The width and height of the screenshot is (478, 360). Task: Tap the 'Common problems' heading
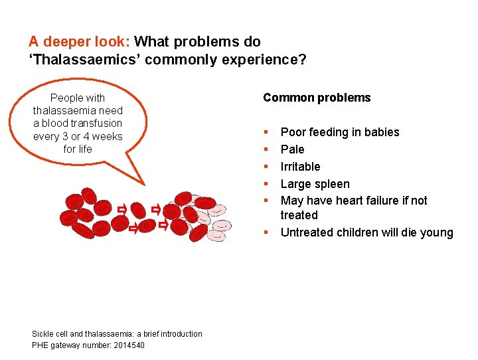pos(317,98)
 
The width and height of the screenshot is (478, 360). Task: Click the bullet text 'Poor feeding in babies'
pos(340,132)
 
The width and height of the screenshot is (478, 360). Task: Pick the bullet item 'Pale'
pos(292,149)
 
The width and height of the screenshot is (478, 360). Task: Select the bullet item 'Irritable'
pos(300,167)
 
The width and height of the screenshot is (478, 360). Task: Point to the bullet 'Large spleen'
pos(315,184)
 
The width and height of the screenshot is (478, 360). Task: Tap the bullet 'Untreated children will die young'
pos(366,232)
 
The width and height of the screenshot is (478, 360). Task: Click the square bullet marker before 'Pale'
pos(266,149)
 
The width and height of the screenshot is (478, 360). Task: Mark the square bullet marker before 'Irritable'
pos(266,167)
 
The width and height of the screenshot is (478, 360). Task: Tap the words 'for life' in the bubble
pos(78,149)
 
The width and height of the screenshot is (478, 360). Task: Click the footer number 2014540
pos(125,345)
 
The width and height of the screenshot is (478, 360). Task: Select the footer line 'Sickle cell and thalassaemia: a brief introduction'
pos(117,334)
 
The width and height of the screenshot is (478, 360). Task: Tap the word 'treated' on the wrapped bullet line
pos(299,215)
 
